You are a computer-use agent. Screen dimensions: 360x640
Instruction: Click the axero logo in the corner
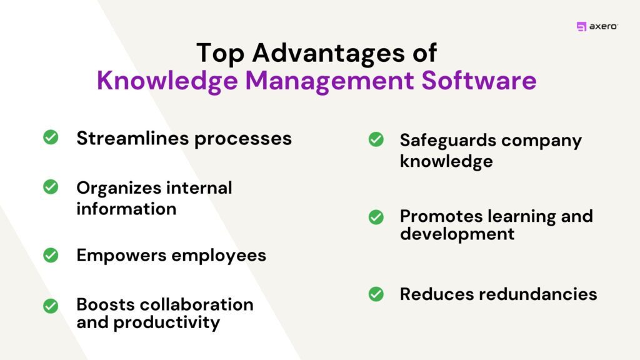(597, 26)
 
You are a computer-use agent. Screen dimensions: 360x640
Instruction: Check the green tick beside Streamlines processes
(51, 137)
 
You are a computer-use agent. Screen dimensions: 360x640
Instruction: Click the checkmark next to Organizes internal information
(51, 187)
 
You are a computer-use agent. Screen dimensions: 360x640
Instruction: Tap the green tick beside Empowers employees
(51, 255)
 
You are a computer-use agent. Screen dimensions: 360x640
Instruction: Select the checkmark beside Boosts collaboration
(51, 306)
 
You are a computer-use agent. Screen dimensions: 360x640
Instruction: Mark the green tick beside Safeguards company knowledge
(376, 140)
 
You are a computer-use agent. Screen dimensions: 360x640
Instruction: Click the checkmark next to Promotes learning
(376, 217)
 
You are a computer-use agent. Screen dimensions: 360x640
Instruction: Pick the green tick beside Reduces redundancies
(376, 293)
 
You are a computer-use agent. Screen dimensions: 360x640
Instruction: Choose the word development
(457, 234)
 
